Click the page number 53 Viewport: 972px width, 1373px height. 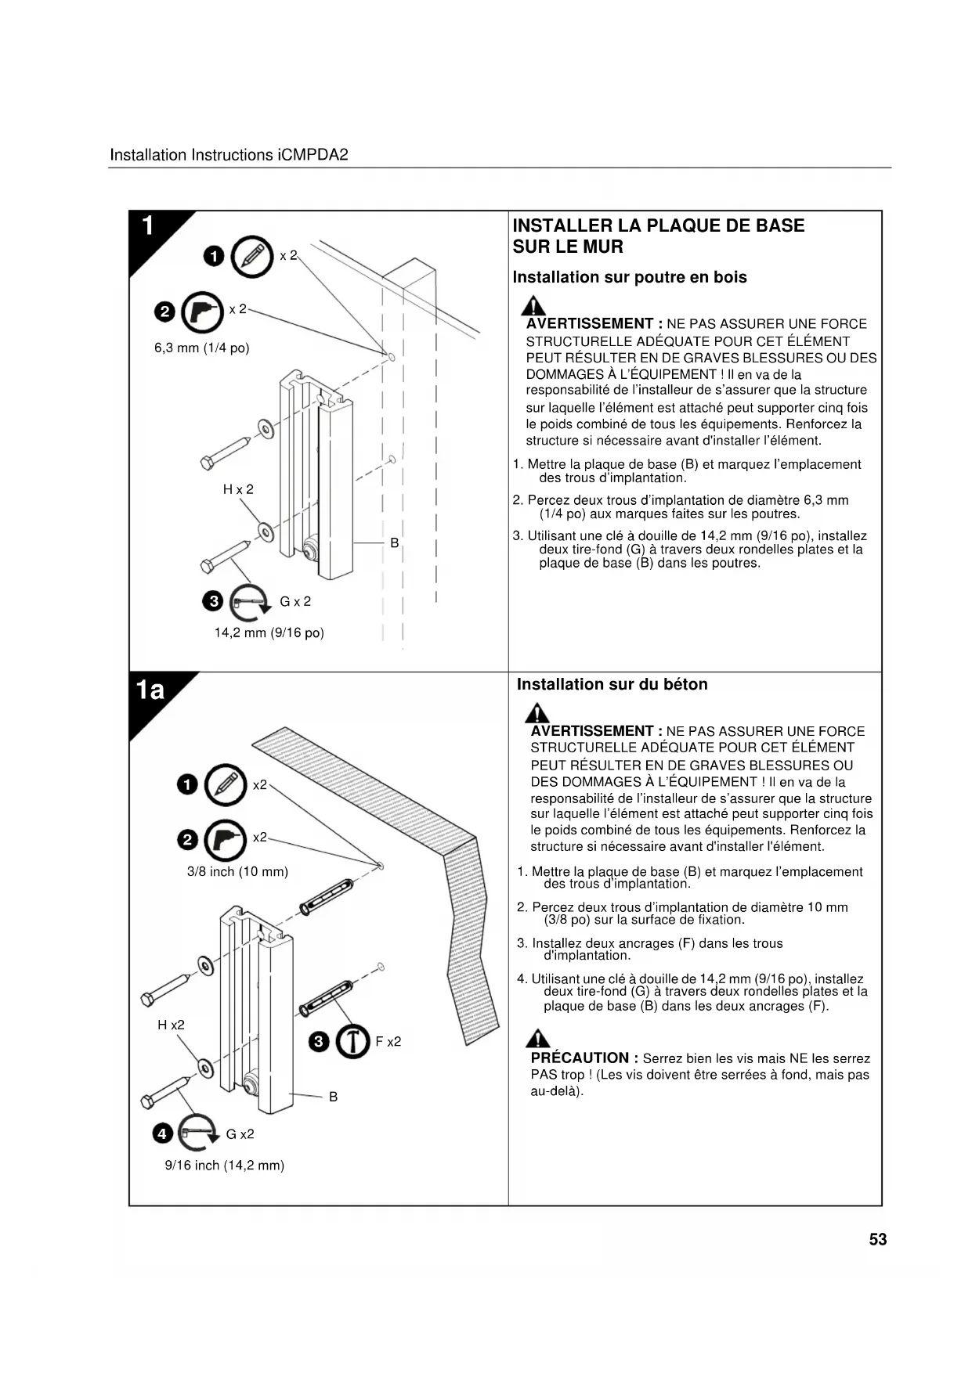(877, 1239)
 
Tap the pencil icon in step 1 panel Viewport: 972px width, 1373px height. (252, 256)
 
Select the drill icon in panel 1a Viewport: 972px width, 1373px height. (225, 840)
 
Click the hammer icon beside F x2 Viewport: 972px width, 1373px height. (352, 1041)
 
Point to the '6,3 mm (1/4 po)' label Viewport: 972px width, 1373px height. (201, 348)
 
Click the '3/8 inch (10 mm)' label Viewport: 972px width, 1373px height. (237, 871)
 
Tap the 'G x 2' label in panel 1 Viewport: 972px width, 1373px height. (295, 601)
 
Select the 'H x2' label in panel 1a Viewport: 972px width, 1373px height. (171, 1025)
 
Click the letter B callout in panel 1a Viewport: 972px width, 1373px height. (333, 1097)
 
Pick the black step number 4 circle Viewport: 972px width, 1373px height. (162, 1133)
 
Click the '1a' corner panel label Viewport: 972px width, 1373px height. (150, 690)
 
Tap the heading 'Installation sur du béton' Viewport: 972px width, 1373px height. (612, 684)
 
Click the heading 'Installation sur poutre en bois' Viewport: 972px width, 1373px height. (629, 277)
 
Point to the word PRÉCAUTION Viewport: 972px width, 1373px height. (580, 1058)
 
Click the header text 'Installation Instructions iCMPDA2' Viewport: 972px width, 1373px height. (229, 155)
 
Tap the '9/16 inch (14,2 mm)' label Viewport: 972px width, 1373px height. (224, 1165)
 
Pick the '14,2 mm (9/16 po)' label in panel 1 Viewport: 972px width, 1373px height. (269, 632)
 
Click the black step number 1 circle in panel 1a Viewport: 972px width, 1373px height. (187, 784)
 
